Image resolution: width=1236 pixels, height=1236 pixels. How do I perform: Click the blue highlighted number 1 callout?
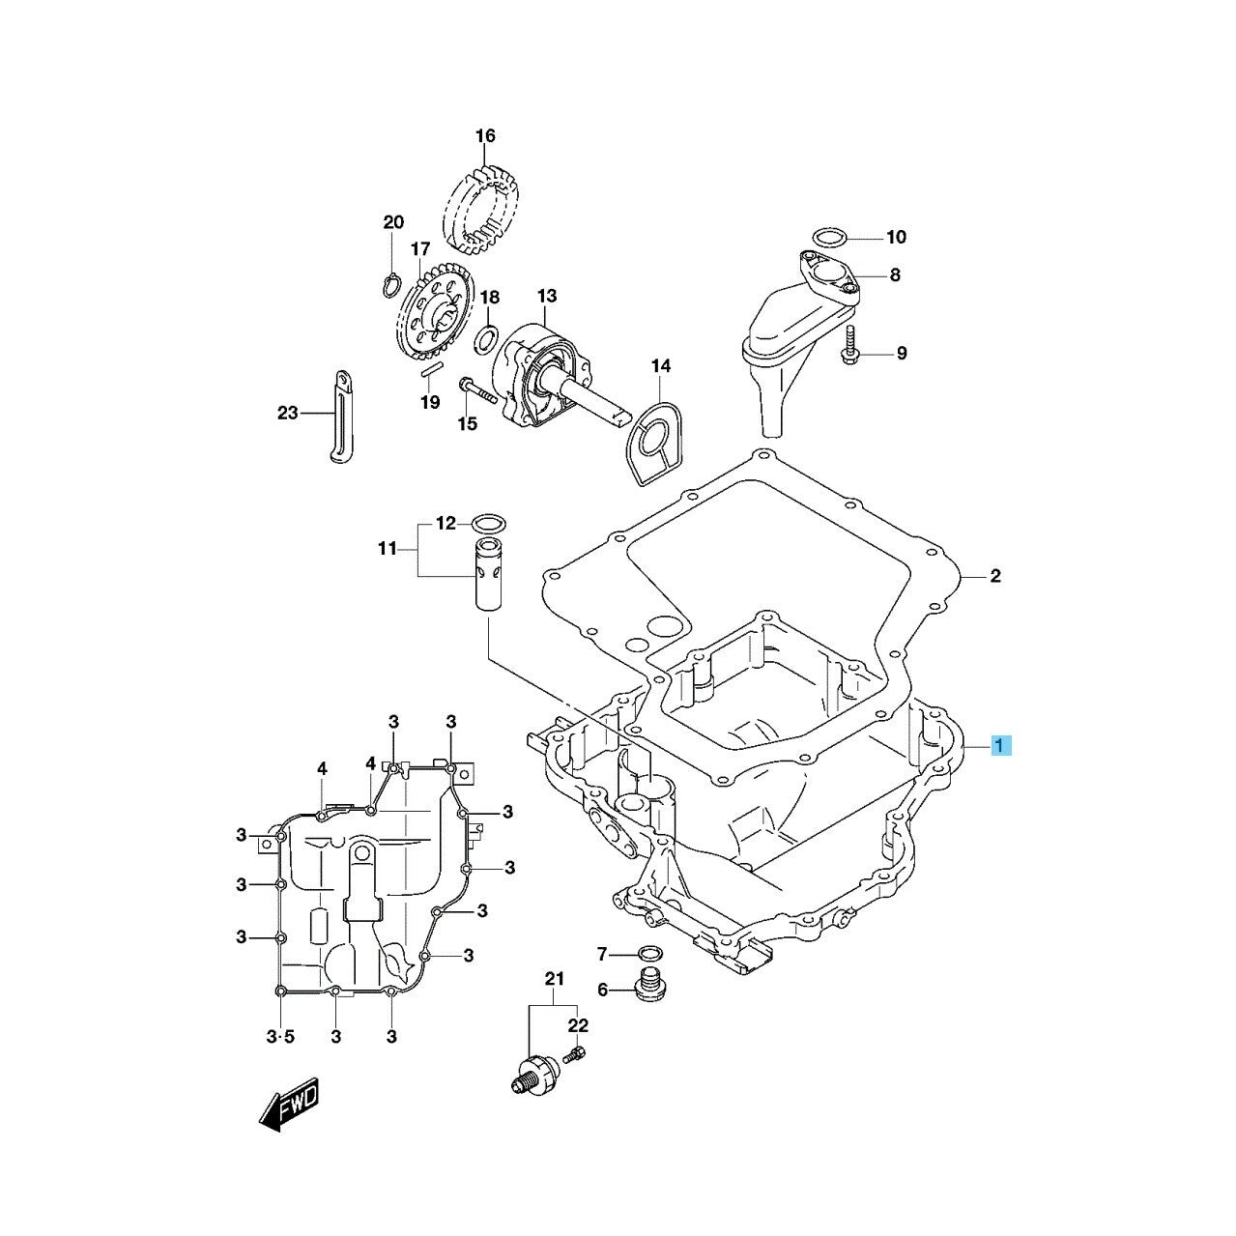coord(1001,745)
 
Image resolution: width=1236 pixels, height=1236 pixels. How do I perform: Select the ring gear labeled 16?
coord(481,207)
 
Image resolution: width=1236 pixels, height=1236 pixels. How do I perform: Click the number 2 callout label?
coord(994,577)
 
